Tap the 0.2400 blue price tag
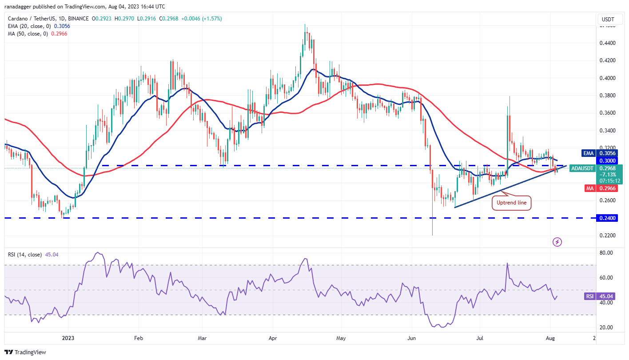click(607, 218)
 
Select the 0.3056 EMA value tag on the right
click(607, 153)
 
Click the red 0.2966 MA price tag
click(607, 188)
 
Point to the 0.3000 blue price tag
click(607, 160)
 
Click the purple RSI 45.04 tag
click(607, 296)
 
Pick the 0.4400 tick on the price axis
click(607, 43)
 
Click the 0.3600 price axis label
click(607, 113)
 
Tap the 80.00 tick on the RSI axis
click(607, 252)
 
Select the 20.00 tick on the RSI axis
click(607, 327)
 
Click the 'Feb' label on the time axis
click(138, 338)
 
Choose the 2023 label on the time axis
click(68, 338)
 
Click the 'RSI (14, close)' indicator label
click(25, 255)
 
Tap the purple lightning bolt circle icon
click(557, 242)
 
